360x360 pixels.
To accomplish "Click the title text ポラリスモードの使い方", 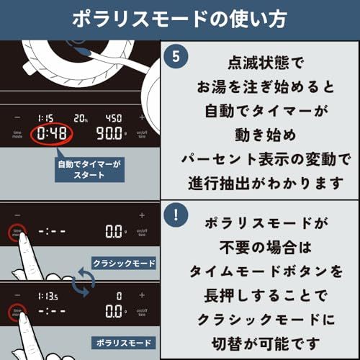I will click(180, 19).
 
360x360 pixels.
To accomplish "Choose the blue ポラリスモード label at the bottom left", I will click(123, 341).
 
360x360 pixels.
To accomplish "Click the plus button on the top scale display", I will click(142, 117).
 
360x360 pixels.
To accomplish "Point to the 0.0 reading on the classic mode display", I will click(114, 232).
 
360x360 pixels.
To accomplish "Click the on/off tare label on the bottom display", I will click(142, 312).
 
